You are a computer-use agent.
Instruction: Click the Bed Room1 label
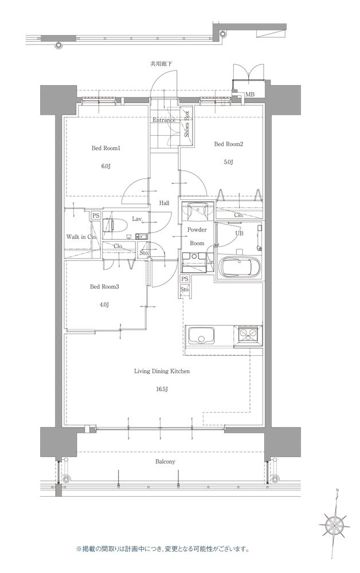pyautogui.click(x=105, y=148)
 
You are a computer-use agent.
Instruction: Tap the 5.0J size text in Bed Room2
pyautogui.click(x=228, y=162)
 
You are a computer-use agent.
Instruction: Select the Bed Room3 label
pyautogui.click(x=104, y=287)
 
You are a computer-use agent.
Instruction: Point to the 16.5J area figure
pyautogui.click(x=161, y=389)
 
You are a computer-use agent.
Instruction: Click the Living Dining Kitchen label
pyautogui.click(x=162, y=371)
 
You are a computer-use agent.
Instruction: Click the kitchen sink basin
pyautogui.click(x=201, y=335)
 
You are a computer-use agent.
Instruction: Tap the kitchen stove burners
pyautogui.click(x=248, y=334)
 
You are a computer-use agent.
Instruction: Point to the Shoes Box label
pyautogui.click(x=186, y=124)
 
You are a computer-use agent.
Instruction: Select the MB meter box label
pyautogui.click(x=250, y=95)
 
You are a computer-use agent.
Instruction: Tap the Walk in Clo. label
pyautogui.click(x=81, y=237)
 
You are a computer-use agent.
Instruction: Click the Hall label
pyautogui.click(x=164, y=203)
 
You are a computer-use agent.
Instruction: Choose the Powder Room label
pyautogui.click(x=197, y=237)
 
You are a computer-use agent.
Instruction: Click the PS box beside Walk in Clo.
pyautogui.click(x=96, y=215)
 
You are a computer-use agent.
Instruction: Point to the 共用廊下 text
pyautogui.click(x=161, y=64)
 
